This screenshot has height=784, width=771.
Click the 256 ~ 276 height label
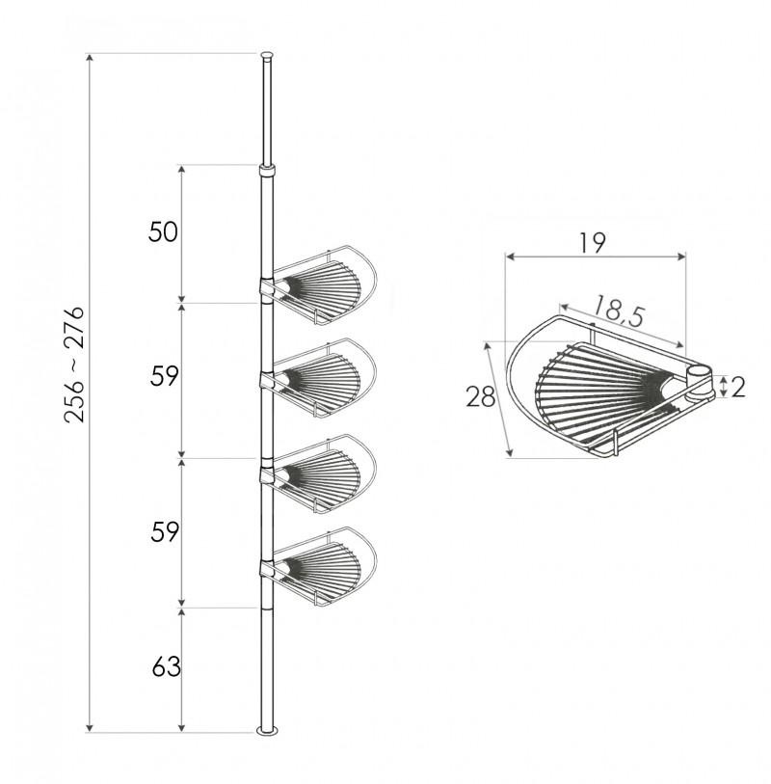click(74, 365)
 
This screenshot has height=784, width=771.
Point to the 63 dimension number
click(166, 667)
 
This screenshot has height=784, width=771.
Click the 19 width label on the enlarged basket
click(593, 242)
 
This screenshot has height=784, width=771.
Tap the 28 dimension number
click(480, 396)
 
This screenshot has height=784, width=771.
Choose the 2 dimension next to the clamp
click(737, 388)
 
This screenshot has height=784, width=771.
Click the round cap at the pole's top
click(266, 57)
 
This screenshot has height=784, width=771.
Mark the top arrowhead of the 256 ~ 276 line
click(90, 61)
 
